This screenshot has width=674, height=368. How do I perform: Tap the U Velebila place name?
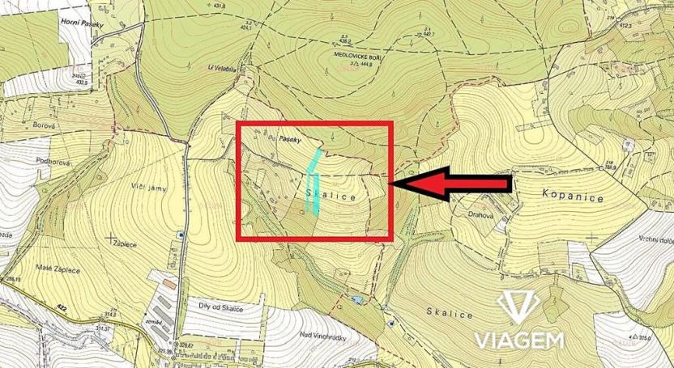pos(220,67)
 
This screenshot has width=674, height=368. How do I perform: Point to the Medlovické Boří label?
pos(357,57)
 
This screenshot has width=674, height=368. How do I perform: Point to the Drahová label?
pos(484,214)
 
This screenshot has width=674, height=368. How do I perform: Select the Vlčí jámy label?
pos(147,187)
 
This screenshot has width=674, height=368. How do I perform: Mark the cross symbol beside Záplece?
pos(109,237)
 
